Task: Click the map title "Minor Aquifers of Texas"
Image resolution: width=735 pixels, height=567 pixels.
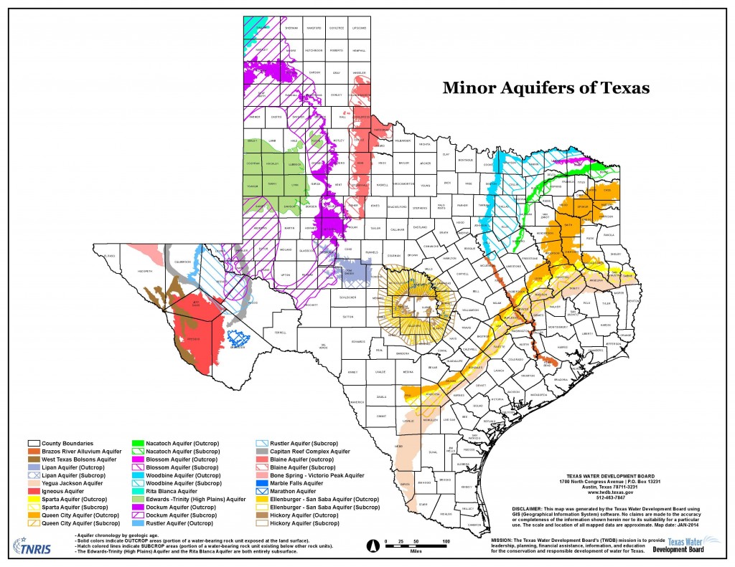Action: pyautogui.click(x=546, y=88)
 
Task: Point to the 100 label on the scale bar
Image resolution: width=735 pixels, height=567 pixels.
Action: pyautogui.click(x=445, y=541)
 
